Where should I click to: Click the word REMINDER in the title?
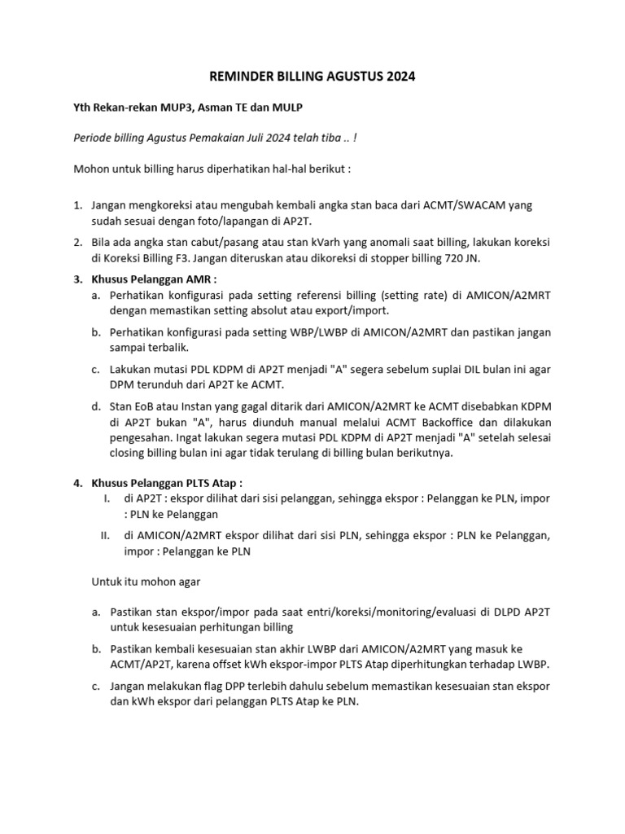point(239,77)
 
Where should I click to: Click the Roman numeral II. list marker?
point(104,535)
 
